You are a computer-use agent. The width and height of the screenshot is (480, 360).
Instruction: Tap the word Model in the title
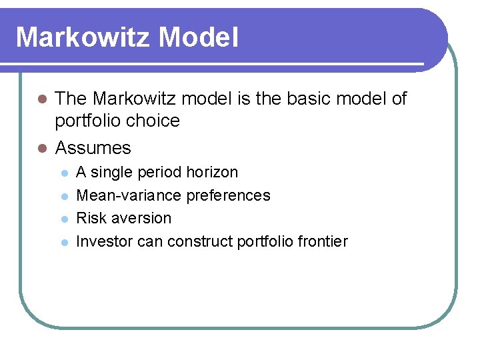tap(199, 37)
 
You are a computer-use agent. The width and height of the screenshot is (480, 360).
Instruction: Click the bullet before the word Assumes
tap(42, 147)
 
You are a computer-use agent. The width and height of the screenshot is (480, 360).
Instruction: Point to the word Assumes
tap(93, 147)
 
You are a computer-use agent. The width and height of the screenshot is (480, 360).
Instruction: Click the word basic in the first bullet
tap(311, 99)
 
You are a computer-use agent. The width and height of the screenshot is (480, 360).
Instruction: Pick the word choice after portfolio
tap(155, 121)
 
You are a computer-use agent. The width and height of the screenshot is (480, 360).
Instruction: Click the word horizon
tap(212, 172)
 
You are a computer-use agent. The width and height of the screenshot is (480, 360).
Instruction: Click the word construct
tap(200, 241)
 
